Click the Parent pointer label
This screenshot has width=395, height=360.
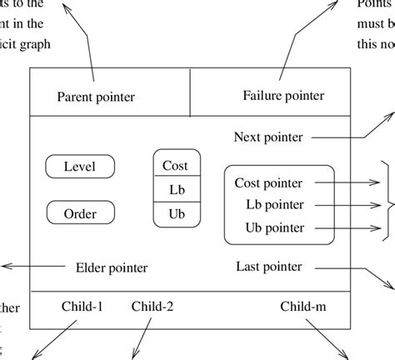96,97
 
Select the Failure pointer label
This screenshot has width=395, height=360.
283,96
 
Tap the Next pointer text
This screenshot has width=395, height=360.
268,137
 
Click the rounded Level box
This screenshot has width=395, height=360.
79,167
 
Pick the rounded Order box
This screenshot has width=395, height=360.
79,213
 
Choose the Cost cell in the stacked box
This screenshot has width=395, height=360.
176,165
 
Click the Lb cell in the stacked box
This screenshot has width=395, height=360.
176,189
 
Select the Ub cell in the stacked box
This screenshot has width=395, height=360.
176,213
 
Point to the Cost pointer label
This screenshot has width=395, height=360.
268,182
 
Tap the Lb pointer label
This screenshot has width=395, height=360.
274,204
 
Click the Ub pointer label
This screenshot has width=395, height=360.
274,227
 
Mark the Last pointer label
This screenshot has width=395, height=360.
268,267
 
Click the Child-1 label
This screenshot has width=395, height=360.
82,306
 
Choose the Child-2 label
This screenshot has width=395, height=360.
152,306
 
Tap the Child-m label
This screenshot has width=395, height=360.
303,306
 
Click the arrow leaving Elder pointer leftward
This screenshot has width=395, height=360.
33,267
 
